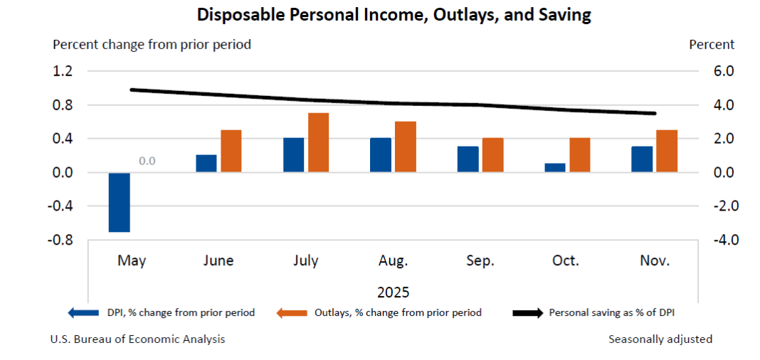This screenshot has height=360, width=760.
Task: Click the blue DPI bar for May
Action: pyautogui.click(x=119, y=202)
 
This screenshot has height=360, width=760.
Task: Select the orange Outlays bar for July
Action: pyautogui.click(x=318, y=142)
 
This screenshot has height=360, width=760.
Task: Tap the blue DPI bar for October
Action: pyautogui.click(x=555, y=168)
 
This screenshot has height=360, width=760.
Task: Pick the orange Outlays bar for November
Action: pyautogui.click(x=667, y=151)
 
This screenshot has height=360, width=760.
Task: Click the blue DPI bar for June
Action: pyautogui.click(x=206, y=164)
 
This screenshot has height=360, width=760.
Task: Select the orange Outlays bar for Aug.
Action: pyautogui.click(x=406, y=147)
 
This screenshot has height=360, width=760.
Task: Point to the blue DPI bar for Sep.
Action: pyautogui.click(x=468, y=159)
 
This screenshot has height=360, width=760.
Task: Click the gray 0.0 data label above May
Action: pyautogui.click(x=147, y=161)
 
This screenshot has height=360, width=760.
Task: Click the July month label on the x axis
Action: pyautogui.click(x=306, y=261)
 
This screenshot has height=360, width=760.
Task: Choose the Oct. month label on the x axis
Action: pyautogui.click(x=566, y=261)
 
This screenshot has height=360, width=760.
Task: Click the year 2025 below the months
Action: pyautogui.click(x=393, y=292)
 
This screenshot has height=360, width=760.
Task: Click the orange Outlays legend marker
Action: pyautogui.click(x=291, y=312)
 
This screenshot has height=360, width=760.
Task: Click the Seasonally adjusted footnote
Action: pyautogui.click(x=660, y=339)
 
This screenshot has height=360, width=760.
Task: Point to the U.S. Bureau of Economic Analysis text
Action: pyautogui.click(x=137, y=339)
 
